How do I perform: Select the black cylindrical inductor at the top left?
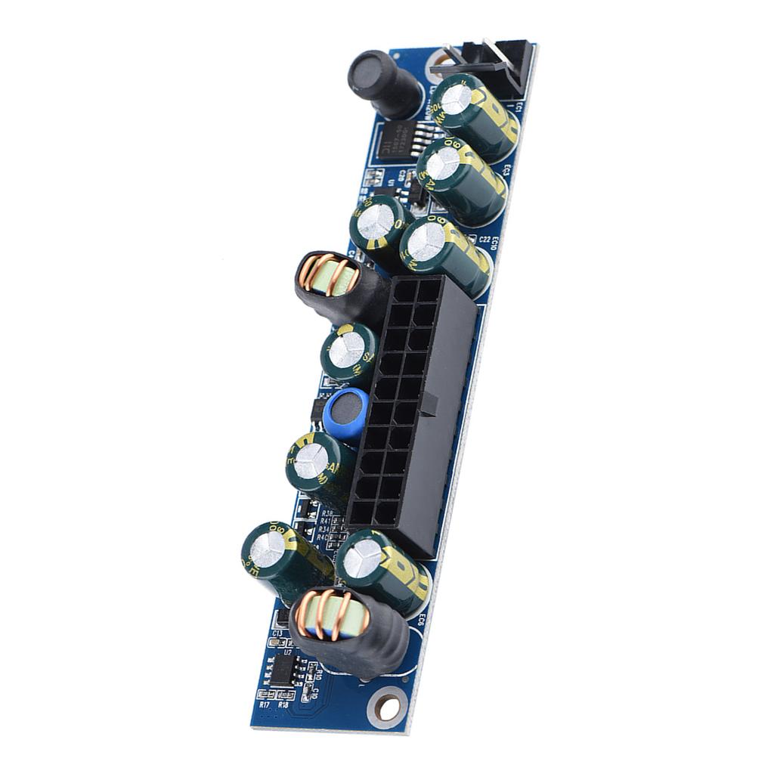[384, 83]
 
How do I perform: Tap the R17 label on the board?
[265, 704]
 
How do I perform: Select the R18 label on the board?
[283, 704]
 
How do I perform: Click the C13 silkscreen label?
[277, 633]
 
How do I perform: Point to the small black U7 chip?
[283, 668]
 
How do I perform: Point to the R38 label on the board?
[327, 512]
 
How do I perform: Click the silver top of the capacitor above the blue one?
[347, 351]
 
